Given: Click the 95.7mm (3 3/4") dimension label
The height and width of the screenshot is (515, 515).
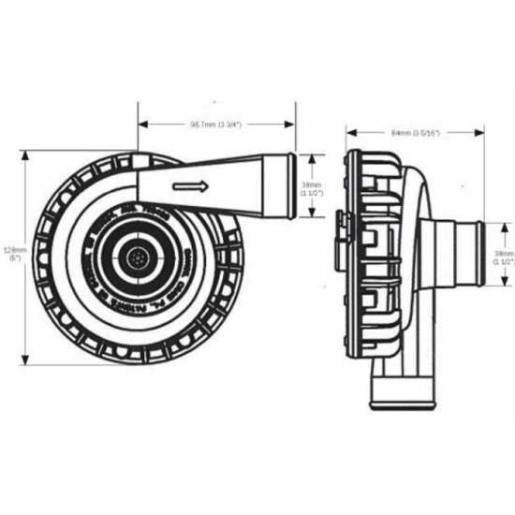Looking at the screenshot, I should [218, 125].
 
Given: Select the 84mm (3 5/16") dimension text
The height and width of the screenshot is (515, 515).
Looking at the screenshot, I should [416, 134].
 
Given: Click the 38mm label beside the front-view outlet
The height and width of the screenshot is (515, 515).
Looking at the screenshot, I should [312, 189].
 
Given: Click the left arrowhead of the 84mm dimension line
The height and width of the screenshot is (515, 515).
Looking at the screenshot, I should [348, 134].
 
